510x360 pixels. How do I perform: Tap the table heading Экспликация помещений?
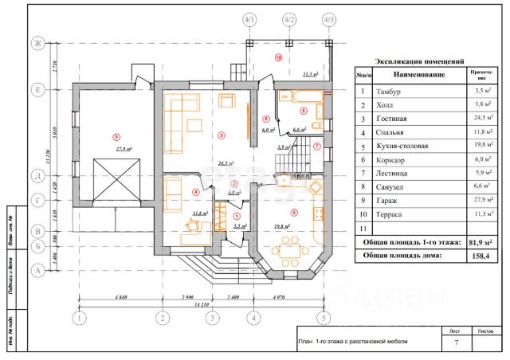point(419,61)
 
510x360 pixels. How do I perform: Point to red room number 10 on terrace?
point(278,57)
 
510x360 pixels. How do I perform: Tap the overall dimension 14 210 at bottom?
point(202,305)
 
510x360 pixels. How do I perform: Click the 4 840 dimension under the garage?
point(120,297)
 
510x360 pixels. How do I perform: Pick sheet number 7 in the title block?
point(456,342)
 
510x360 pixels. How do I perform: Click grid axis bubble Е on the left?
point(36,89)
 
